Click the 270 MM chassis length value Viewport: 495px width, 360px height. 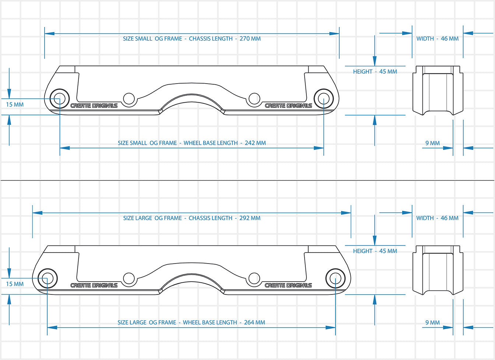(x=250, y=39)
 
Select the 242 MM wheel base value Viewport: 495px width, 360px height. (x=255, y=143)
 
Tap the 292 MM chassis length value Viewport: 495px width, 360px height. (x=250, y=218)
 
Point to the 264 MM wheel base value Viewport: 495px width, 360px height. (x=254, y=322)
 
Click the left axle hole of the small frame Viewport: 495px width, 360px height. (x=59, y=98)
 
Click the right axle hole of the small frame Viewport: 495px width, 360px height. (x=323, y=98)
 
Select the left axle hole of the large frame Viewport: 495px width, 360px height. (x=47, y=278)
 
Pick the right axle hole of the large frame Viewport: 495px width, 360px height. (x=335, y=278)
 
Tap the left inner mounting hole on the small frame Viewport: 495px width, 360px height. (x=129, y=98)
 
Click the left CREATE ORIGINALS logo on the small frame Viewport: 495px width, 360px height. (x=94, y=106)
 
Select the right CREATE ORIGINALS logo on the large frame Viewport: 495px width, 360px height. (x=288, y=285)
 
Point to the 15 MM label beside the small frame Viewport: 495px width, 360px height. (x=15, y=105)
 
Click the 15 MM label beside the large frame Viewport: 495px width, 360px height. (x=15, y=284)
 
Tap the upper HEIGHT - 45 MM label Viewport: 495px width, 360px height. (x=375, y=71)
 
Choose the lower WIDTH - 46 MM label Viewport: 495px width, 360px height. (x=438, y=218)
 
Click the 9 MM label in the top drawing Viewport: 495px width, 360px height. (x=432, y=143)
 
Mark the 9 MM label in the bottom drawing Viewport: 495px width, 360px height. (x=432, y=322)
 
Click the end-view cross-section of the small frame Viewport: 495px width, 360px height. (x=438, y=90)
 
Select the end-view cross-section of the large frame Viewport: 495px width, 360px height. (x=438, y=270)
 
